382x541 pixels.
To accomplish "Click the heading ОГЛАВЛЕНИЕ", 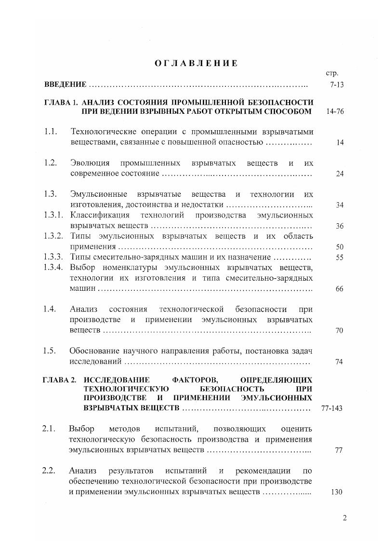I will pyautogui.click(x=196, y=63).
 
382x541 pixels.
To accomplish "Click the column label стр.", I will pyautogui.click(x=331, y=74).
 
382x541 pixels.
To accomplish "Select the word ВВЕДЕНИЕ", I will pyautogui.click(x=65, y=85).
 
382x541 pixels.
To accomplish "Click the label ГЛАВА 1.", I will pyautogui.click(x=61, y=103).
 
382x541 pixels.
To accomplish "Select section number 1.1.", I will pyautogui.click(x=51, y=132).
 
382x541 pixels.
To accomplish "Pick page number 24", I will pyautogui.click(x=339, y=174).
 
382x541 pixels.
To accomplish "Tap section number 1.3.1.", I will pyautogui.click(x=53, y=215).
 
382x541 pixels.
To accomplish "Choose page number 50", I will pyautogui.click(x=339, y=247).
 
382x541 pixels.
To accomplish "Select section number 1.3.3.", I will pyautogui.click(x=53, y=257).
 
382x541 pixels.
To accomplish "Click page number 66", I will pyautogui.click(x=339, y=289).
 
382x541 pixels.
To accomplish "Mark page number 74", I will pyautogui.click(x=339, y=362).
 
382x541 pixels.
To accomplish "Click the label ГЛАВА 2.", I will pyautogui.click(x=61, y=379).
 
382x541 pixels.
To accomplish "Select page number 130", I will pyautogui.click(x=337, y=492).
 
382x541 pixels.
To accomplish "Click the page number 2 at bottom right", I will pyautogui.click(x=344, y=518).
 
